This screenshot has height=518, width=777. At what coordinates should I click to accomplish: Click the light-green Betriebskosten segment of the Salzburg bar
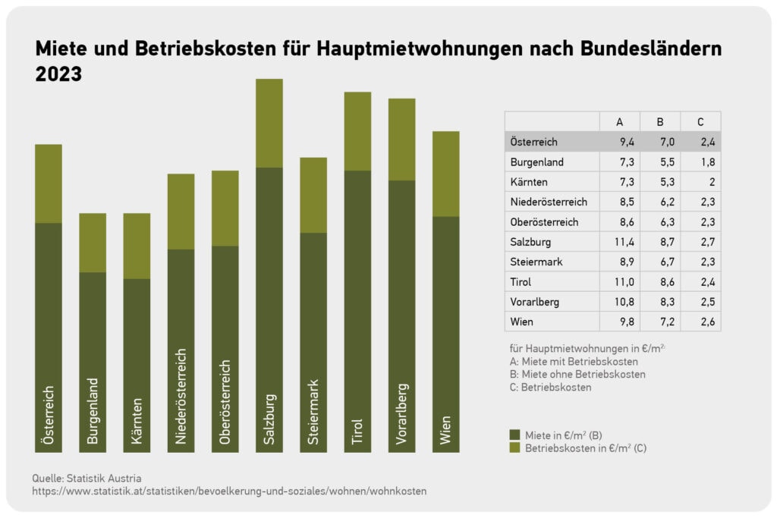[x=269, y=124]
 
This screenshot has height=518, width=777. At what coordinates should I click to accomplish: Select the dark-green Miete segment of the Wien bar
[x=446, y=334]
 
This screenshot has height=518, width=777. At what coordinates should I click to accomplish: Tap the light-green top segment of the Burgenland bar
[x=93, y=243]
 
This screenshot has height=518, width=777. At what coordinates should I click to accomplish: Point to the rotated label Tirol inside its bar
[x=357, y=432]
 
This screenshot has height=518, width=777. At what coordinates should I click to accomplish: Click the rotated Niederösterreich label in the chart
[x=181, y=396]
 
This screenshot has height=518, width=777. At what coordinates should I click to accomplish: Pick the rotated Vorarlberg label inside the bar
[x=402, y=414]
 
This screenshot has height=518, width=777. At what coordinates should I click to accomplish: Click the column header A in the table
[x=619, y=122]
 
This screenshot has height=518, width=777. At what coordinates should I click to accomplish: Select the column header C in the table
[x=700, y=122]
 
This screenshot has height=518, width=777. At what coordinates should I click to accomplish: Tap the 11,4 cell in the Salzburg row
[x=624, y=242]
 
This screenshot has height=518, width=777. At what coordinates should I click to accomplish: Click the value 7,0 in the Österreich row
[x=667, y=142]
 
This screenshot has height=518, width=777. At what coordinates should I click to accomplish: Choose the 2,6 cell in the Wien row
[x=708, y=322]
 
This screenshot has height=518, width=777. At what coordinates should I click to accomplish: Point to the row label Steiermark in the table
[x=536, y=262]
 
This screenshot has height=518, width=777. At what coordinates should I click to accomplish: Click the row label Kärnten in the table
[x=529, y=182]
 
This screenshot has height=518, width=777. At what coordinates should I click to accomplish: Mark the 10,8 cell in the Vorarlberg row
[x=624, y=302]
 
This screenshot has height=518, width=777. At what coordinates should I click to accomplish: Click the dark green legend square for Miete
[x=515, y=435]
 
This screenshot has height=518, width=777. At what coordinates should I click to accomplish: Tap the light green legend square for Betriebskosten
[x=515, y=447]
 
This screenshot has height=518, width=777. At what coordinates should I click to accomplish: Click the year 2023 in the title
[x=58, y=74]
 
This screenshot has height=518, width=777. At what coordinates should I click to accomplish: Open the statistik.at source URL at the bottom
[x=229, y=491]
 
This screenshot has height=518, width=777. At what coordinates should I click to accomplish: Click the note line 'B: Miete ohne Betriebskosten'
[x=577, y=375]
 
